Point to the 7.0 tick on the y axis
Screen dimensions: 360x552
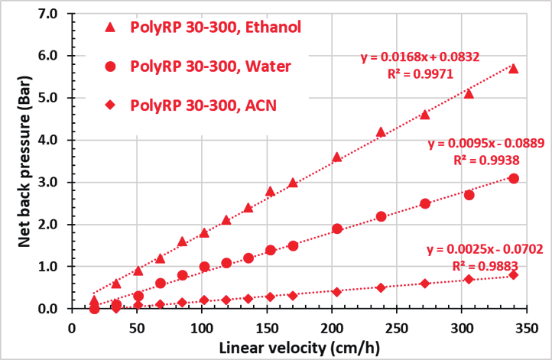tap(47, 14)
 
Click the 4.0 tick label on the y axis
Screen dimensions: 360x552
tap(47, 140)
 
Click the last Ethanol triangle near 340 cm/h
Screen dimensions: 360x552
tap(513, 69)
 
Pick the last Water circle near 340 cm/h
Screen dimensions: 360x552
tap(514, 178)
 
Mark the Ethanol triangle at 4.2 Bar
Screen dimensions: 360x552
tap(381, 132)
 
